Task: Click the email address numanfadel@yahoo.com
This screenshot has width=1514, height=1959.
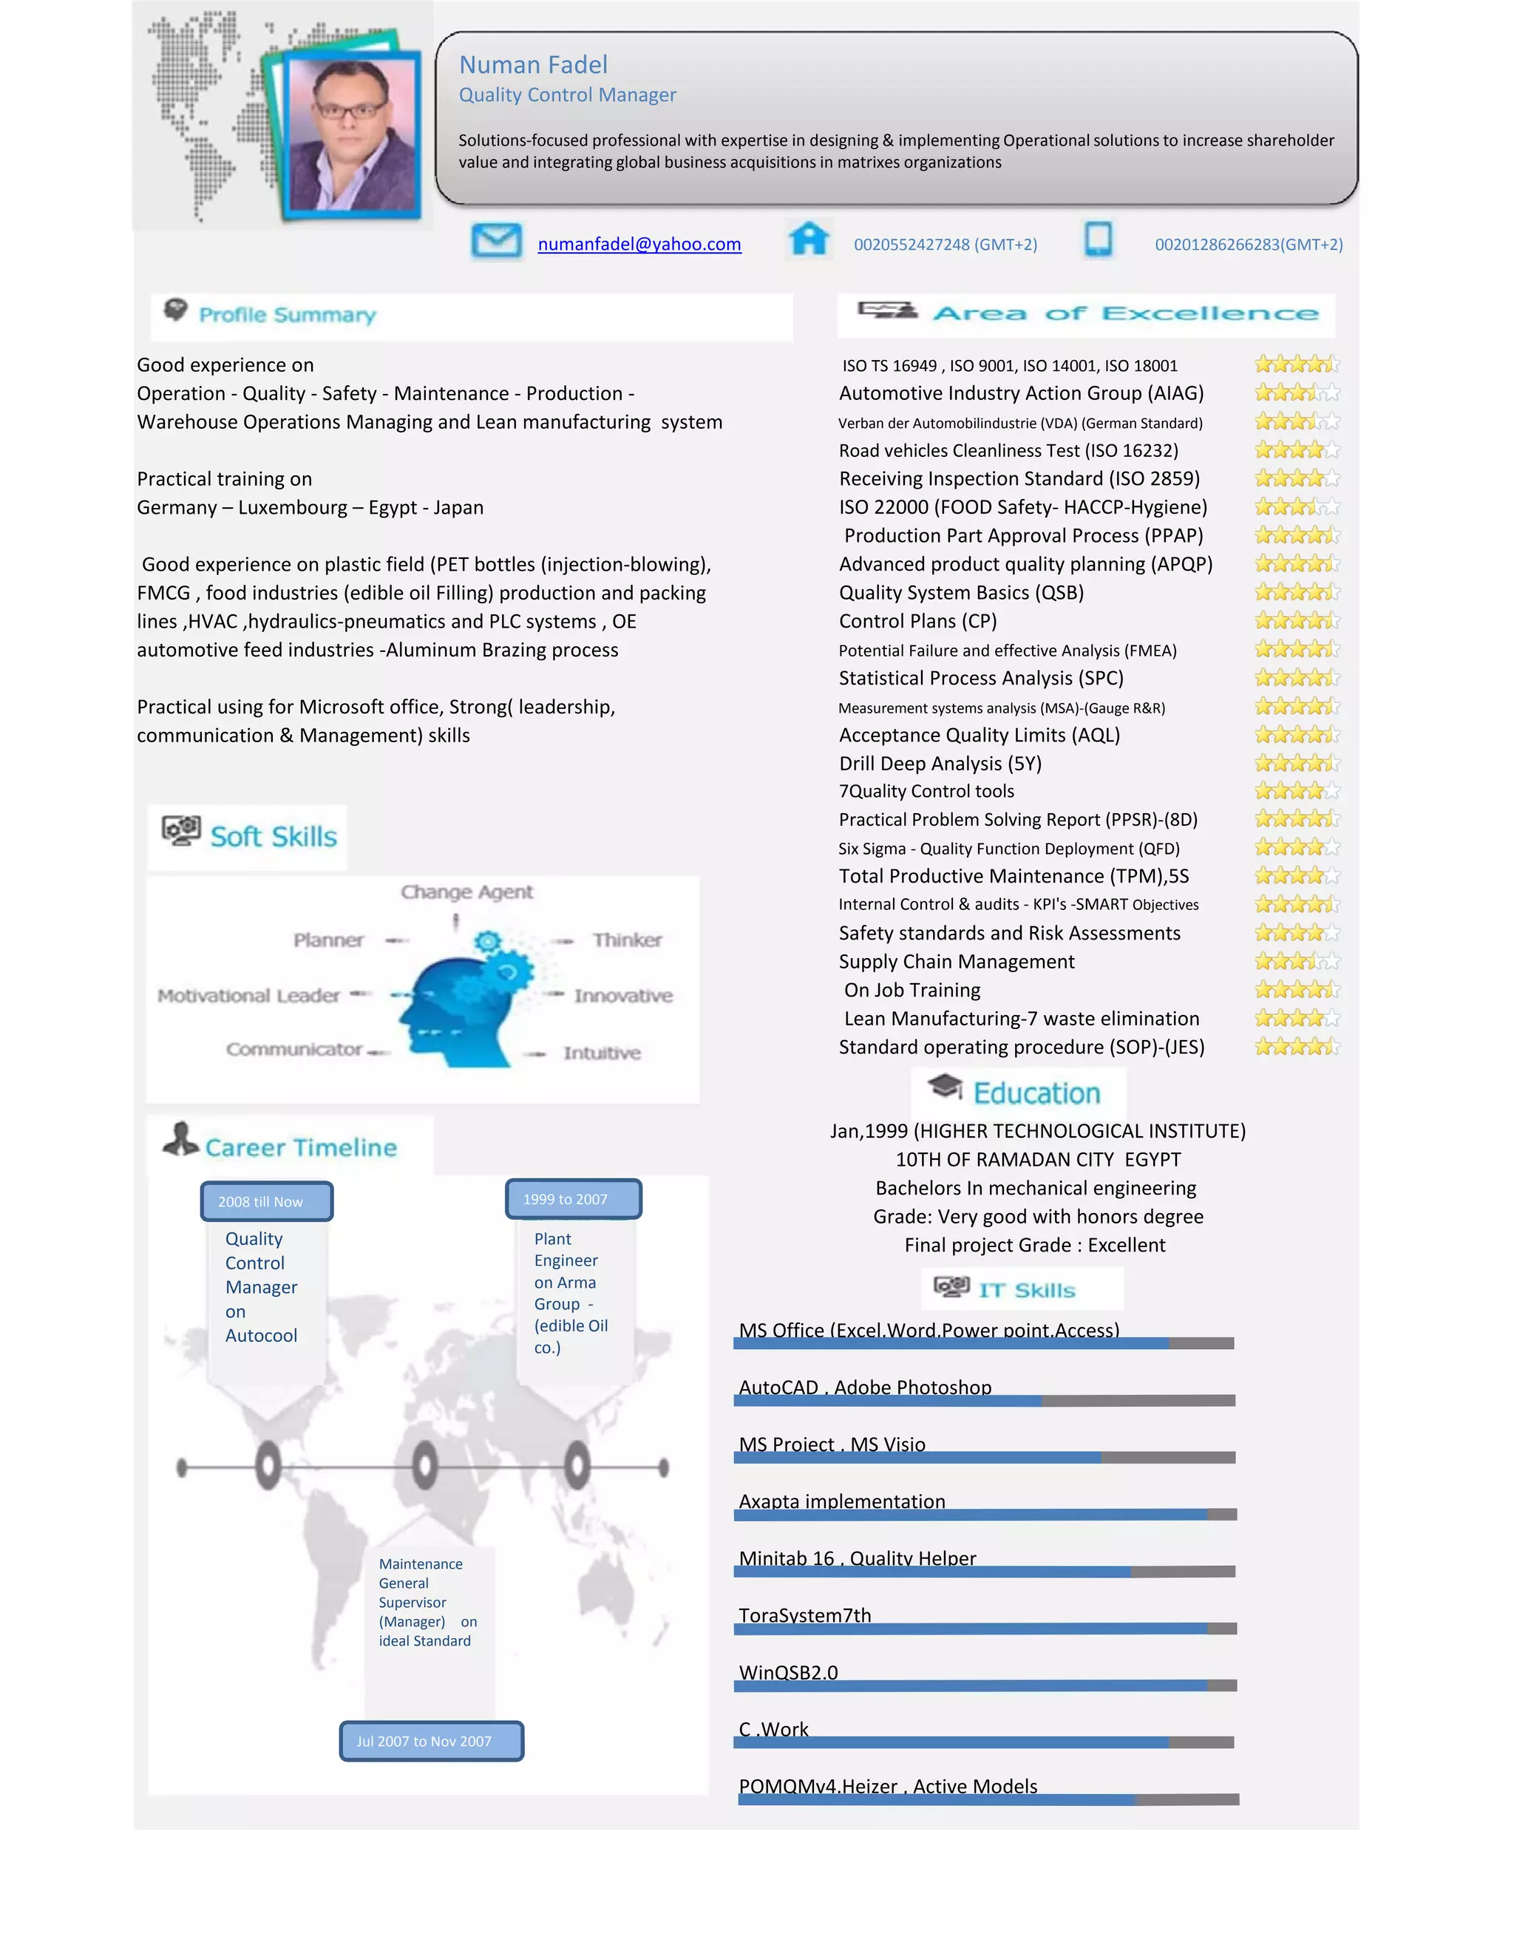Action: click(639, 244)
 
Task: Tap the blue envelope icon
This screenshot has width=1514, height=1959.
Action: click(496, 240)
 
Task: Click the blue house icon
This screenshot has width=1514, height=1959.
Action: click(808, 239)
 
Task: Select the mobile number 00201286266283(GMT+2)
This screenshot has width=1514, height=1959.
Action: click(1248, 244)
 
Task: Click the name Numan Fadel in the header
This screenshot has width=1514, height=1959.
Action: click(533, 64)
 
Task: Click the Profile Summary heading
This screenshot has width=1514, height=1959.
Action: click(287, 315)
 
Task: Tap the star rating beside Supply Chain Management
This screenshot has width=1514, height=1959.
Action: click(1296, 962)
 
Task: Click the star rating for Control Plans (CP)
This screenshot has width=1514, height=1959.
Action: click(1296, 621)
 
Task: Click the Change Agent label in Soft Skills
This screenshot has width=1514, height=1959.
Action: click(466, 892)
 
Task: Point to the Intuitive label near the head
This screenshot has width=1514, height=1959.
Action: click(602, 1053)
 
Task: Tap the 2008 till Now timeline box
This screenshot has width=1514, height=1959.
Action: click(266, 1201)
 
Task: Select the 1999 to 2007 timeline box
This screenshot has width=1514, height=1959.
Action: click(573, 1199)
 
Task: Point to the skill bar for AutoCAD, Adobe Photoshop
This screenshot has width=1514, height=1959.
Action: click(984, 1400)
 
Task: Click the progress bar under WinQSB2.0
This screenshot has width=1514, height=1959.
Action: click(984, 1685)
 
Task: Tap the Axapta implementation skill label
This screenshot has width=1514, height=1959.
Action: click(841, 1501)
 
